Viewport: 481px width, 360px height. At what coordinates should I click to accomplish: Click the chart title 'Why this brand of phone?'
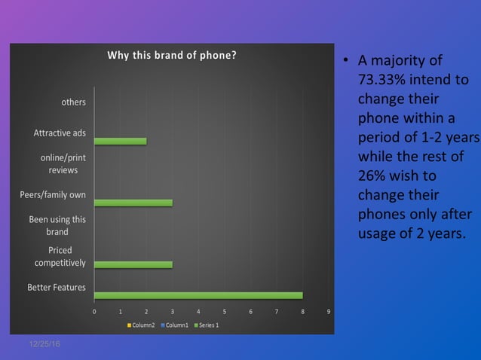172,55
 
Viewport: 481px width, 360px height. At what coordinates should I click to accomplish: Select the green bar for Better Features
198,295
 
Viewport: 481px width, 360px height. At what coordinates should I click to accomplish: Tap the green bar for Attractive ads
121,141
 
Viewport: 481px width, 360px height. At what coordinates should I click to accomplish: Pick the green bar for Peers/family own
133,203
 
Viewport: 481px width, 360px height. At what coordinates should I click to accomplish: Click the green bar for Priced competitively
133,264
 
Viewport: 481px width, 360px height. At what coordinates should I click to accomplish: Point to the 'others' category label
73,102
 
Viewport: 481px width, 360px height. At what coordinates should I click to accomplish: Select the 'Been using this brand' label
57,226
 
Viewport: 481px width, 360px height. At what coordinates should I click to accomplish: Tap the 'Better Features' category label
57,287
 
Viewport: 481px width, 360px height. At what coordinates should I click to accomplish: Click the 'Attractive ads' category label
60,133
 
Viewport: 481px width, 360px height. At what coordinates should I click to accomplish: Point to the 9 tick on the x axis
329,310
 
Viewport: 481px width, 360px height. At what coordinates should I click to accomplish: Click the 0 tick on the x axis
94,310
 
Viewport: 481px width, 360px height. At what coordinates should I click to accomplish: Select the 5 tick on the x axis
225,310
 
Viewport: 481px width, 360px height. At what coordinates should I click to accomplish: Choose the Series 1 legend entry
207,325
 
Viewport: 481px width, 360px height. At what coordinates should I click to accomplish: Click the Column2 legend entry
142,325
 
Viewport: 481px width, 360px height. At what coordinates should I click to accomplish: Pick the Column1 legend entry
176,325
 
